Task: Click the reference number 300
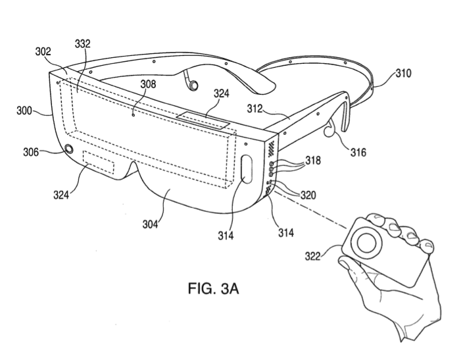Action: tap(24, 111)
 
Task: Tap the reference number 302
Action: tap(43, 51)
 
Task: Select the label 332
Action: tap(82, 44)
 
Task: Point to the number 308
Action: tap(148, 84)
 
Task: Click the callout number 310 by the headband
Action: tap(403, 73)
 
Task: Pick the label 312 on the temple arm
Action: tap(255, 109)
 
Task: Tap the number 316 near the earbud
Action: tap(358, 152)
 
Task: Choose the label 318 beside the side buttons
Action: tap(312, 161)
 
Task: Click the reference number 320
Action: tap(308, 195)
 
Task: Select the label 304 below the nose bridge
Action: tap(150, 224)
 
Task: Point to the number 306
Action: tap(31, 152)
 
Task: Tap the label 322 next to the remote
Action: tap(312, 256)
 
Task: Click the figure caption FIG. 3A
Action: tap(213, 288)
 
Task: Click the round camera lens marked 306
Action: tap(69, 149)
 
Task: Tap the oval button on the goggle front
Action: tap(247, 169)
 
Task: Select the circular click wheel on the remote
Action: tap(366, 243)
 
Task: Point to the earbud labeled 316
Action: tap(329, 130)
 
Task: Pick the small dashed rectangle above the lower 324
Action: tap(99, 162)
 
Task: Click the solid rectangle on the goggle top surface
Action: tap(203, 120)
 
